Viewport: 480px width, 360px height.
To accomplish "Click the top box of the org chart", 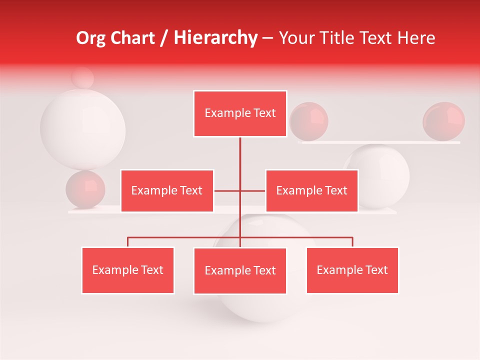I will (240, 113).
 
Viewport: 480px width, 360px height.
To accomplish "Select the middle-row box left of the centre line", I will (167, 190).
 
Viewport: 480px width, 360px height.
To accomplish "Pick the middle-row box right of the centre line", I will (311, 190).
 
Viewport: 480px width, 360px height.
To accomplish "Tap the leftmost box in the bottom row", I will (128, 270).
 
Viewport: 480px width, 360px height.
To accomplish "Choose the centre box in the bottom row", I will (240, 270).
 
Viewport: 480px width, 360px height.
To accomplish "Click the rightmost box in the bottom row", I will (352, 270).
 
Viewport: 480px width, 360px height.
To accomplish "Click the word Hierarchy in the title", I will (215, 37).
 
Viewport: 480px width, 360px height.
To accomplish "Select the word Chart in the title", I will (133, 37).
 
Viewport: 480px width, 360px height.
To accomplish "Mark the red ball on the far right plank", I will (443, 121).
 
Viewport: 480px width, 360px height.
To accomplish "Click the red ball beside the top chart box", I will (309, 121).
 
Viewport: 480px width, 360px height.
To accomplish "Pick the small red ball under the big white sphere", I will (85, 189).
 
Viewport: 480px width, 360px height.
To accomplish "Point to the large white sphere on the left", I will (82, 129).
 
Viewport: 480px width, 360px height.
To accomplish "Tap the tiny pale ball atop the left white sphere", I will (82, 77).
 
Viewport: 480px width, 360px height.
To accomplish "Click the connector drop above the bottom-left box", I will (128, 242).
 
